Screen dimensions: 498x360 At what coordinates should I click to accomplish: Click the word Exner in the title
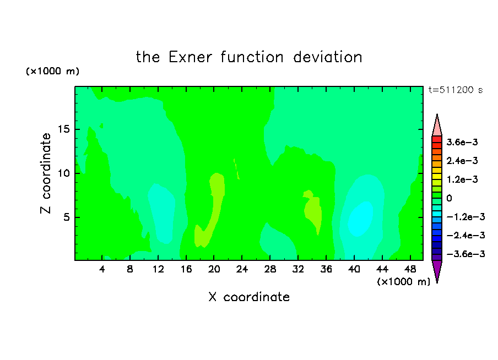[x=190, y=57]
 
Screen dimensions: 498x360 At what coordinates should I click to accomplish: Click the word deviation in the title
[x=328, y=57]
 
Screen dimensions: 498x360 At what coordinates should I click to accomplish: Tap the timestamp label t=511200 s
[x=456, y=90]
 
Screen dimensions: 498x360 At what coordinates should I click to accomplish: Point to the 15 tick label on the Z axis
[x=63, y=129]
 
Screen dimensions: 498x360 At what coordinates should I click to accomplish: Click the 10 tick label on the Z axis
[x=63, y=173]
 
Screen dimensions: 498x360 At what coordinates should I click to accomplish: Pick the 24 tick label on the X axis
[x=242, y=269]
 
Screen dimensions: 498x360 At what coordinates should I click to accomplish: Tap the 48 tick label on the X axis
[x=410, y=269]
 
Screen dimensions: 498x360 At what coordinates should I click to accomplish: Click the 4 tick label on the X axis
[x=102, y=269]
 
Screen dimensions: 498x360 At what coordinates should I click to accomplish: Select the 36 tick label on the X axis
[x=326, y=269]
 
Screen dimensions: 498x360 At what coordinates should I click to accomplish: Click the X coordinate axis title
[x=249, y=297]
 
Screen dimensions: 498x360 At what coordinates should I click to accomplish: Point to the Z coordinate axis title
[x=46, y=173]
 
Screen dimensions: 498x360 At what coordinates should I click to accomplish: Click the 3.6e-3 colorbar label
[x=462, y=142]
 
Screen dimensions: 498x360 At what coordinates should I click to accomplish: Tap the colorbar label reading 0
[x=449, y=198]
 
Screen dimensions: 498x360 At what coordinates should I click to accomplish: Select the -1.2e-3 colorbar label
[x=465, y=217]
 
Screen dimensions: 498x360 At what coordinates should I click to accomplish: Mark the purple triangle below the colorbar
[x=437, y=270]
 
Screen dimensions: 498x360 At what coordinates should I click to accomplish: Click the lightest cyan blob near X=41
[x=360, y=219]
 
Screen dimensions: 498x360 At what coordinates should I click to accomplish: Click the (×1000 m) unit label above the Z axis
[x=52, y=71]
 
